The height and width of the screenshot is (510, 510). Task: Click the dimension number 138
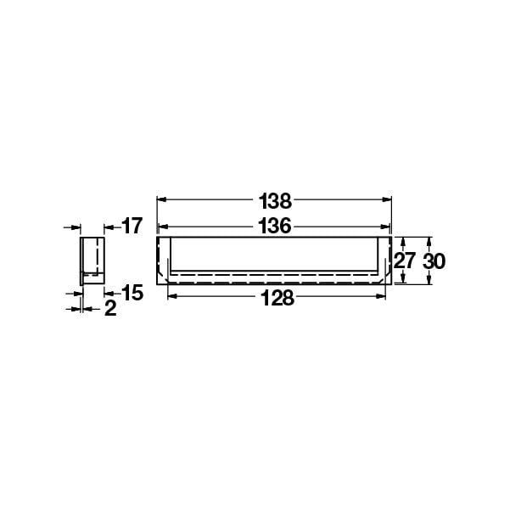[276, 201]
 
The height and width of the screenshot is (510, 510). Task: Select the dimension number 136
[276, 227]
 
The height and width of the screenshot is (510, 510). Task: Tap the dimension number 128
[277, 298]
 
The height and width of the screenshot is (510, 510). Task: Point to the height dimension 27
[406, 261]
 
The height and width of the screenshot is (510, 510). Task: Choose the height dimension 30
[434, 261]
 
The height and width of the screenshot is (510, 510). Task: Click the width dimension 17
[132, 226]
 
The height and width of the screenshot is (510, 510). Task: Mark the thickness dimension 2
[110, 309]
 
